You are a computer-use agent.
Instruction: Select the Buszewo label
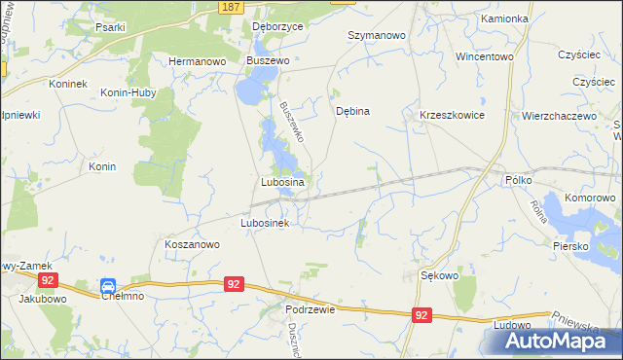click(x=269, y=60)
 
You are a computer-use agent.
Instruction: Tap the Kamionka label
click(x=503, y=18)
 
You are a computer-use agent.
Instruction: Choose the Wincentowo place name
click(x=484, y=56)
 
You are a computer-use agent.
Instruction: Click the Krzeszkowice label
click(x=452, y=114)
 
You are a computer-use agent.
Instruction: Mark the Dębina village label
click(x=352, y=111)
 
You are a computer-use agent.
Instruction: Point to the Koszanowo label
click(x=192, y=245)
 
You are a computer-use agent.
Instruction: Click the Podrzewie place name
click(x=311, y=308)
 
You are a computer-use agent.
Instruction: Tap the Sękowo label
click(x=439, y=275)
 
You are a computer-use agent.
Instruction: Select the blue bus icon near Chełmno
click(x=108, y=286)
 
